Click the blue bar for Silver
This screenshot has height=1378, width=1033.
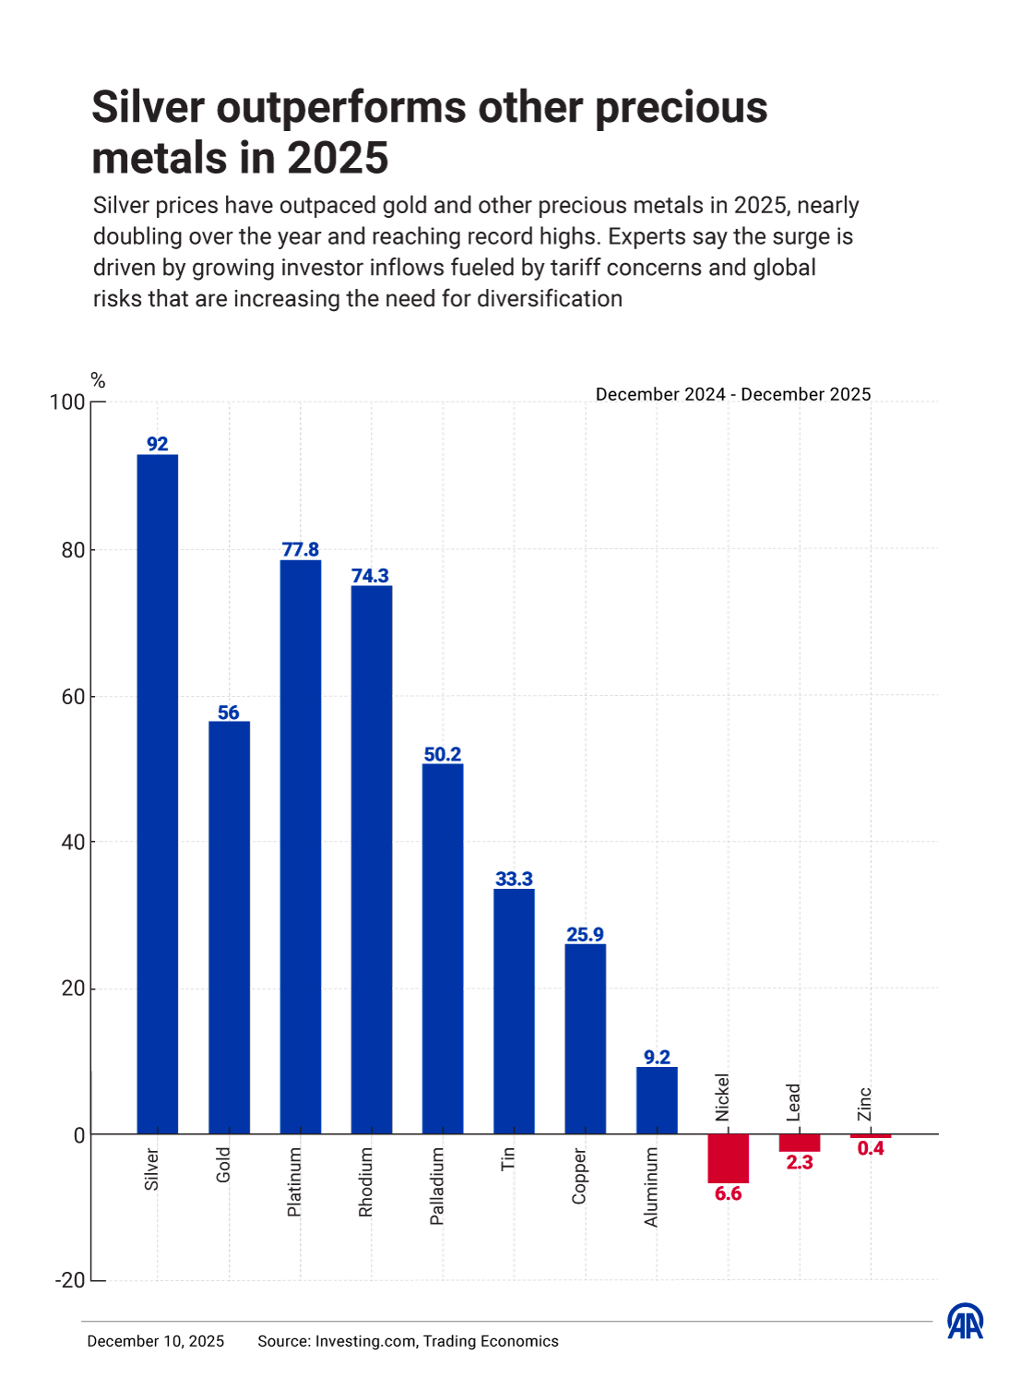click(158, 794)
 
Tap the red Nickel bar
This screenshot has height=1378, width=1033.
click(728, 1157)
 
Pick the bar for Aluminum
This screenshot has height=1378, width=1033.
click(657, 1100)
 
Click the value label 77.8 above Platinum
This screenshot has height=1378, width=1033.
click(301, 549)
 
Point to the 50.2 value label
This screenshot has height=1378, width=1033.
click(443, 754)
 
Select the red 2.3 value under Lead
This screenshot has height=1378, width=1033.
click(800, 1163)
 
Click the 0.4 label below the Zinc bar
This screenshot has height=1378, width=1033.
click(871, 1149)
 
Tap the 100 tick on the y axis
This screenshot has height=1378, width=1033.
click(67, 402)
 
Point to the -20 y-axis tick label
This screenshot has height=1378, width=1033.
click(70, 1280)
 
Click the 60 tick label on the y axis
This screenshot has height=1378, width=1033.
click(73, 697)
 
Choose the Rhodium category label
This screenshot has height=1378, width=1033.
click(365, 1182)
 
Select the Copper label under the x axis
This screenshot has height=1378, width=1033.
click(579, 1176)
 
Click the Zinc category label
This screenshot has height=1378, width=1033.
click(865, 1104)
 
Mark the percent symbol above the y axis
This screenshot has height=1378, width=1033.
click(98, 380)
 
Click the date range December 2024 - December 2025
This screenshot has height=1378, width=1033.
click(733, 394)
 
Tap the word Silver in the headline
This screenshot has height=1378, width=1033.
click(148, 107)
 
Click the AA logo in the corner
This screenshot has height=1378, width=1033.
click(966, 1321)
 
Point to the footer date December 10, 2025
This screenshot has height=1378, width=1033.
click(156, 1341)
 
